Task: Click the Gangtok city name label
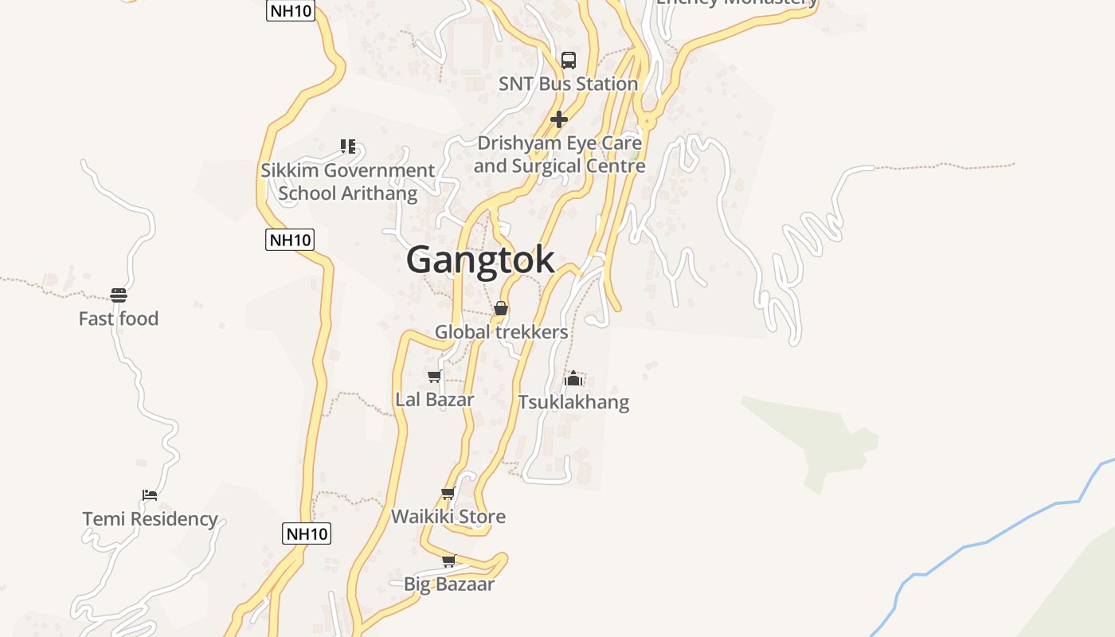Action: [480, 260]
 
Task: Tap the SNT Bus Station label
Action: [568, 84]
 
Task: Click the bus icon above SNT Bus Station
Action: [569, 60]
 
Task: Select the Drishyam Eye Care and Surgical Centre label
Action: [559, 154]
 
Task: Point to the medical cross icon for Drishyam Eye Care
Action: [559, 119]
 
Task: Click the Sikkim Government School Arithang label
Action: [348, 182]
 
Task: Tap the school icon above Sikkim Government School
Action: [347, 146]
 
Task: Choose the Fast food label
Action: [119, 318]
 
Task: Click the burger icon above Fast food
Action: [119, 295]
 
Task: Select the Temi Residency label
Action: [151, 519]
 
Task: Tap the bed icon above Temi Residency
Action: [150, 495]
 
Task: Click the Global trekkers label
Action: [501, 332]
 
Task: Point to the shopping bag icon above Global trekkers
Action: [501, 308]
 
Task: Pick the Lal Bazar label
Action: [435, 400]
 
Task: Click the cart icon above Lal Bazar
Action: [435, 376]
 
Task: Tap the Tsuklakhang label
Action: [573, 402]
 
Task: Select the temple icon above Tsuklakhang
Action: [573, 378]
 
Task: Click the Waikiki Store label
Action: [448, 517]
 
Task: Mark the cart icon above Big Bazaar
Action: [449, 561]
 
